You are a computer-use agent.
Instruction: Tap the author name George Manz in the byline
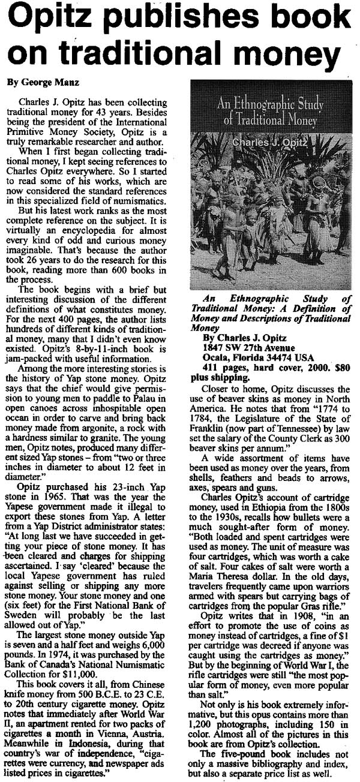pyautogui.click(x=44, y=81)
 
